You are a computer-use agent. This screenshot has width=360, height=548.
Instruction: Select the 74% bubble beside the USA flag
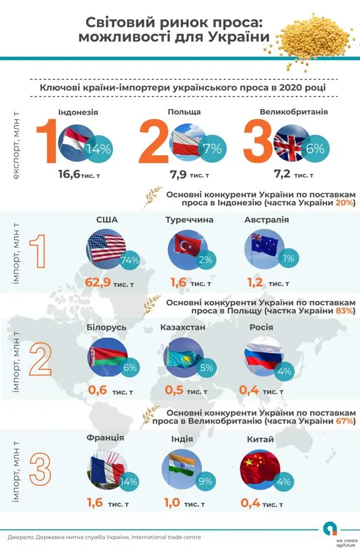pos(130,260)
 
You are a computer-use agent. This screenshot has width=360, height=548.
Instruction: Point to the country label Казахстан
pos(183,327)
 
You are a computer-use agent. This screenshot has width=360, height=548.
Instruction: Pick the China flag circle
pos(259,469)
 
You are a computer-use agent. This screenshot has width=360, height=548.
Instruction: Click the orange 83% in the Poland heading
pos(346,311)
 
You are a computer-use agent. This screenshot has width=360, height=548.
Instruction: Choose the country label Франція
pos(106,438)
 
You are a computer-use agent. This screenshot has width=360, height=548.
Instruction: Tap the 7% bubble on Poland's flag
pos(212,149)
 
